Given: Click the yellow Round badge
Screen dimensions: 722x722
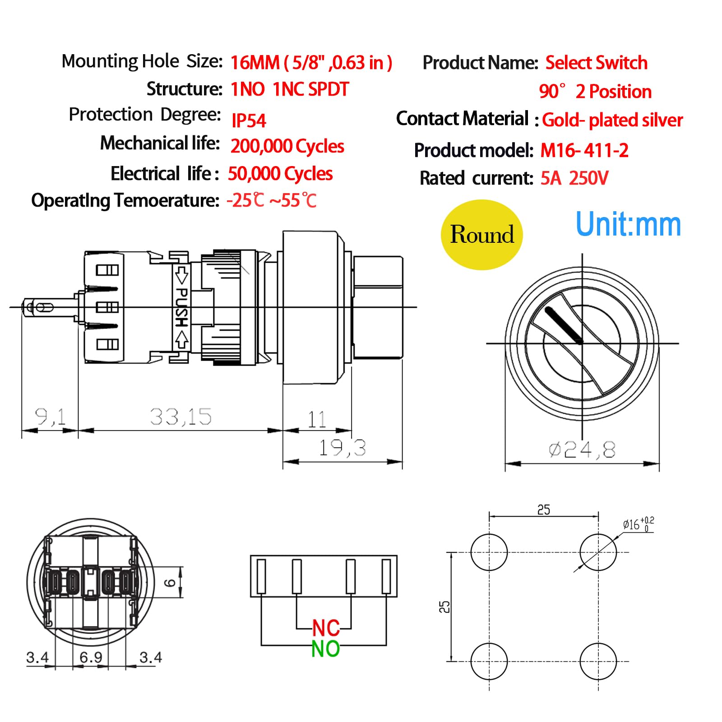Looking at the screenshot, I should click(x=481, y=235).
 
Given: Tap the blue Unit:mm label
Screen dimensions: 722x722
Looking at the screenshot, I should click(x=628, y=225).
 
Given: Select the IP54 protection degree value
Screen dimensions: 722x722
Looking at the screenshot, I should click(x=249, y=120).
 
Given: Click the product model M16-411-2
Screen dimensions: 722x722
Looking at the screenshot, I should click(x=584, y=150).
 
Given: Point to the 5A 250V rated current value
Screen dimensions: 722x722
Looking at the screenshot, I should click(x=574, y=178).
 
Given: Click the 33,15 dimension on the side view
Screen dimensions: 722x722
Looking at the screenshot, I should click(x=180, y=417).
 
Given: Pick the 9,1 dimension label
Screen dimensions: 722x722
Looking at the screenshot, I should click(x=51, y=417).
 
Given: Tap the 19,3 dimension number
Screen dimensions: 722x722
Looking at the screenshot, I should click(x=342, y=448).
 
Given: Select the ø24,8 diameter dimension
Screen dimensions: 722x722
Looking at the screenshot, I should click(x=582, y=449).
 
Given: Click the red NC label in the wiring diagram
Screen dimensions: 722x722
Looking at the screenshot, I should click(x=326, y=628).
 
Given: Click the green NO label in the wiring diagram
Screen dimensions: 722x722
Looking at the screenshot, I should click(x=325, y=649).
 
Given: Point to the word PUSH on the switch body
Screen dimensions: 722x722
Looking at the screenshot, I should click(x=181, y=307).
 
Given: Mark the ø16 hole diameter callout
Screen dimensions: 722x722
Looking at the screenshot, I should click(x=637, y=524).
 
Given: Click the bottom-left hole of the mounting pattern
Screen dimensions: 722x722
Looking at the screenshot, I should click(x=489, y=661).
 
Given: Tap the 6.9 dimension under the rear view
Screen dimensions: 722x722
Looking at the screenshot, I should click(x=91, y=657).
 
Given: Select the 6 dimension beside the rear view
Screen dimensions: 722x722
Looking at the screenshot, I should click(x=170, y=583).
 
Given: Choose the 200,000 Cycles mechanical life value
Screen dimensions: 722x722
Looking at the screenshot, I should click(x=287, y=146).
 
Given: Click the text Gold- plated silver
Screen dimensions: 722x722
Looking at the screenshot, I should click(x=612, y=120).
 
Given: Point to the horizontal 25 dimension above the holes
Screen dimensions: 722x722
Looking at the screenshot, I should click(x=543, y=510).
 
